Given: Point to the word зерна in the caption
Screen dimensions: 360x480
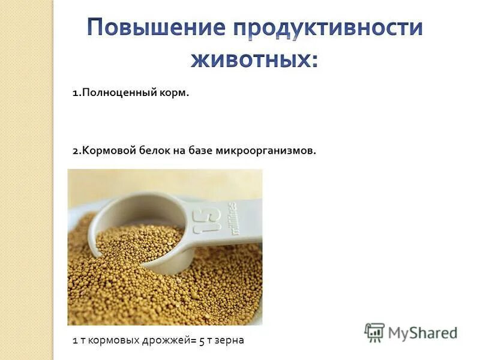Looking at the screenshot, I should click(x=229, y=340).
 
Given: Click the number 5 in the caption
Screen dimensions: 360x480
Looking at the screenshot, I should click(x=202, y=340).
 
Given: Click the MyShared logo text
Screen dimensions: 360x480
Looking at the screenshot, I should click(x=423, y=332).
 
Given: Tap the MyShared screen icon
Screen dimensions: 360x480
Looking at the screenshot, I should click(x=374, y=332).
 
